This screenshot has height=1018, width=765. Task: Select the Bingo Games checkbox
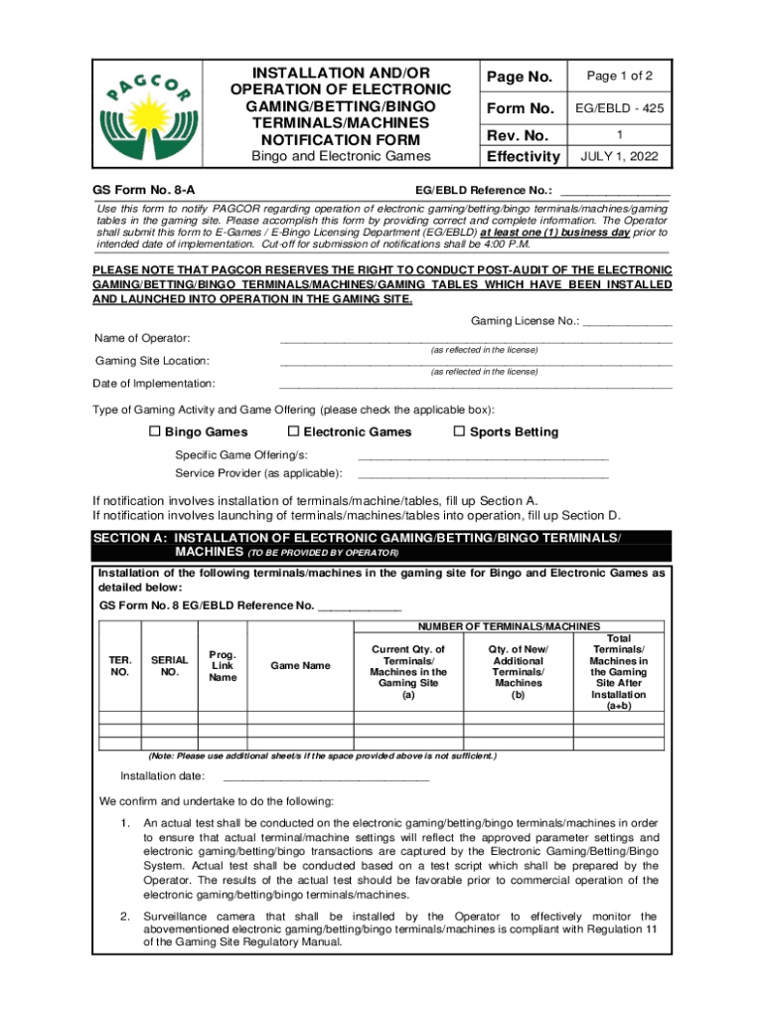tap(154, 431)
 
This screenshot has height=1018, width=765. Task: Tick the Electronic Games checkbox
tap(293, 431)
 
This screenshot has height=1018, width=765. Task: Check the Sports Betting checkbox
tap(459, 431)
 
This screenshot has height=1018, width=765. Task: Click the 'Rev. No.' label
tap(517, 134)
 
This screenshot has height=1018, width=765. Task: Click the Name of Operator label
tap(142, 339)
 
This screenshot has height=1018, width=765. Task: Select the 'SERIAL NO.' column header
tap(169, 665)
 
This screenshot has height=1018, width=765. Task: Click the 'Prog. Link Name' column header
tap(223, 665)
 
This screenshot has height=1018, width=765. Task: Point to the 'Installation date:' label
tap(163, 776)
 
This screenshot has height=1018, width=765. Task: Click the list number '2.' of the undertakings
tap(125, 916)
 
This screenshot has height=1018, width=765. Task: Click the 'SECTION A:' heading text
tap(130, 538)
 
